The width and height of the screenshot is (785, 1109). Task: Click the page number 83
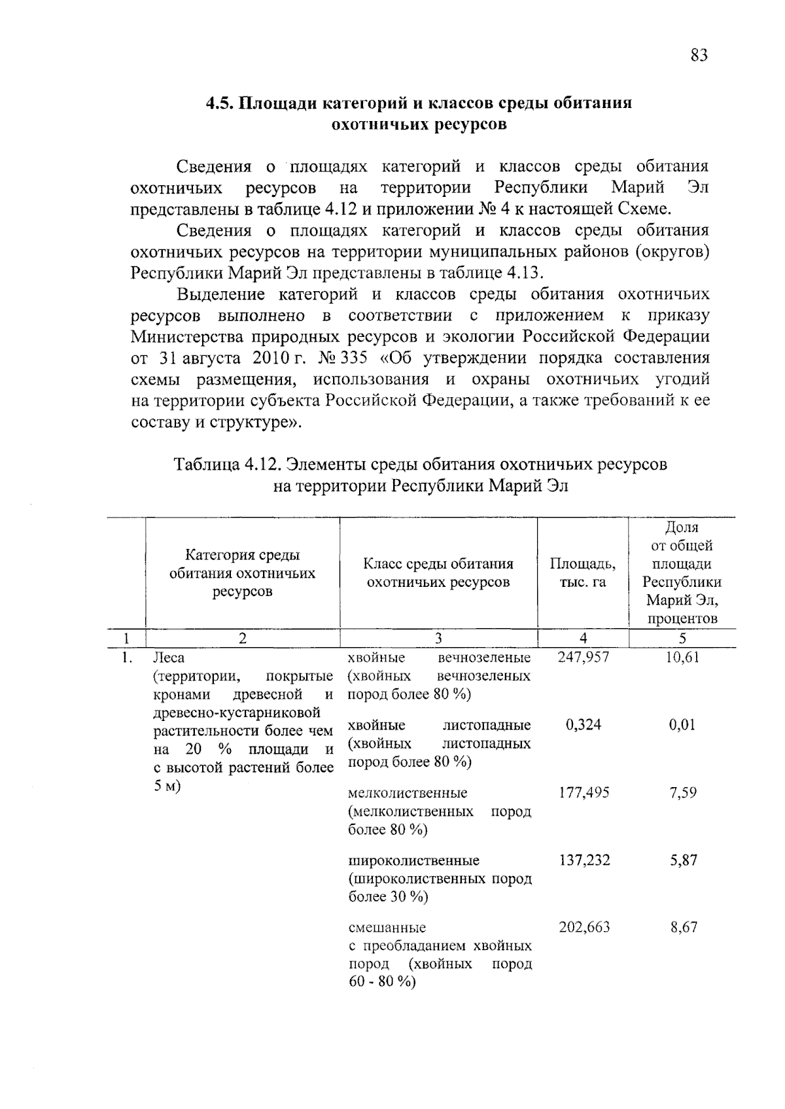pyautogui.click(x=698, y=55)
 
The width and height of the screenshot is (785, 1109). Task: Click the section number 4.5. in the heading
pyautogui.click(x=221, y=103)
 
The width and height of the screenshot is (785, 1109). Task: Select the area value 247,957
pyautogui.click(x=584, y=657)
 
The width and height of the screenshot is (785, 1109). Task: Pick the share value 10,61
pyautogui.click(x=682, y=657)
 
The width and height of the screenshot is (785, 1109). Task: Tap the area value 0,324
pyautogui.click(x=583, y=725)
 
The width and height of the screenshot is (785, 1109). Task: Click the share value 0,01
pyautogui.click(x=682, y=725)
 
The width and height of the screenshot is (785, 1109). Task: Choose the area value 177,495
pyautogui.click(x=584, y=793)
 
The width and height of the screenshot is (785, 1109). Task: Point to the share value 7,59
pyautogui.click(x=683, y=793)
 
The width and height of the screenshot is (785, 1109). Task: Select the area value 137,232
pyautogui.click(x=584, y=860)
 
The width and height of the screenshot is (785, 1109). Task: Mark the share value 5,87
pyautogui.click(x=683, y=860)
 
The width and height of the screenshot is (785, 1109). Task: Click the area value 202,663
pyautogui.click(x=584, y=927)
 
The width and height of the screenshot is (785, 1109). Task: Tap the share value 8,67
pyautogui.click(x=683, y=927)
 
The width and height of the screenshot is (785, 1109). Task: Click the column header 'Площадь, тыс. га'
pyautogui.click(x=582, y=572)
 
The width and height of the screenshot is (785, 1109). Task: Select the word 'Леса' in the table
pyautogui.click(x=169, y=658)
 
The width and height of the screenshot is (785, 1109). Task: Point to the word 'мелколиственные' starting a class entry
pyautogui.click(x=408, y=793)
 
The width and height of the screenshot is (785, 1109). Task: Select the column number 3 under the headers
pyautogui.click(x=438, y=639)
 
